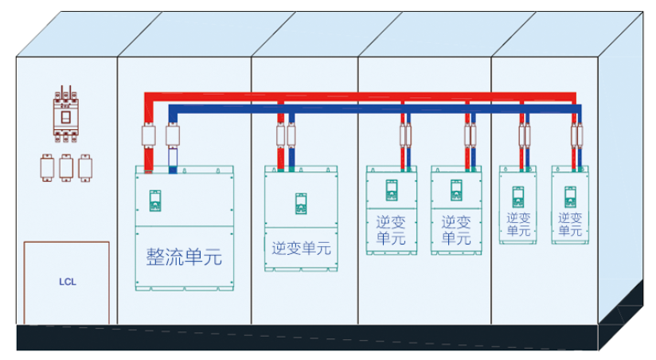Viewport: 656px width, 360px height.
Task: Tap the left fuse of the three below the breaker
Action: pyautogui.click(x=47, y=166)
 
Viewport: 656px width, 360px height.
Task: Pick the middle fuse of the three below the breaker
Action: pyautogui.click(x=66, y=166)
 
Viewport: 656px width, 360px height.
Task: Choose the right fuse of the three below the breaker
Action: pyautogui.click(x=85, y=166)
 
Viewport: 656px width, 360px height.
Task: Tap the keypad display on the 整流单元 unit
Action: pyautogui.click(x=156, y=200)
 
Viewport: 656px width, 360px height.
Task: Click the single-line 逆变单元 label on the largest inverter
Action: pyautogui.click(x=301, y=248)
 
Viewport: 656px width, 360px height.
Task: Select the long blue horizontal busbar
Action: pyautogui.click(x=374, y=108)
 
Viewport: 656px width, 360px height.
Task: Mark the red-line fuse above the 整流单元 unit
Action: pyautogui.click(x=148, y=136)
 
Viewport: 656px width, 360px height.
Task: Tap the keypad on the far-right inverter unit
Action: pyautogui.click(x=570, y=195)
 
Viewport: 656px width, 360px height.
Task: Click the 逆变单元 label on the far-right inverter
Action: pyautogui.click(x=570, y=224)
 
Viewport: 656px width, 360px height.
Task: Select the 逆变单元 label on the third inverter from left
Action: pyautogui.click(x=456, y=229)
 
